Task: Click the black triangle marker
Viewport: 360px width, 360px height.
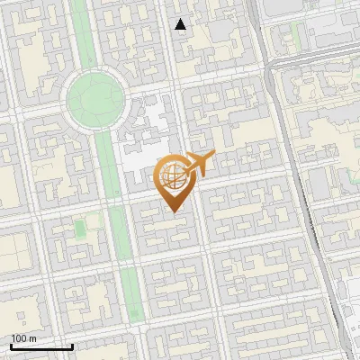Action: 181,25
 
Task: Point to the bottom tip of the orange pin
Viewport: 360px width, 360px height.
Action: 174,211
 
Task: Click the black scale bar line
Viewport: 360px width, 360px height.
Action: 41,346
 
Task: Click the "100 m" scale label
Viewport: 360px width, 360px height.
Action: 24,339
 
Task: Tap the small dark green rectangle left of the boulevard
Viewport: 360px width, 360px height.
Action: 79,229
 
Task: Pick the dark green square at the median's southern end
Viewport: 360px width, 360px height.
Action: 134,312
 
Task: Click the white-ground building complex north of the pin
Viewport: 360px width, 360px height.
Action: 148,130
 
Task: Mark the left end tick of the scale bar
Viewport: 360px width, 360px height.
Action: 11,345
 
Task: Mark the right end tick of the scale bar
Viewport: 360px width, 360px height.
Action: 72,345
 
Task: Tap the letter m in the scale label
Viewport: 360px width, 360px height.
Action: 33,339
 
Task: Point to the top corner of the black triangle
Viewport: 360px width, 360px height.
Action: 181,20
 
